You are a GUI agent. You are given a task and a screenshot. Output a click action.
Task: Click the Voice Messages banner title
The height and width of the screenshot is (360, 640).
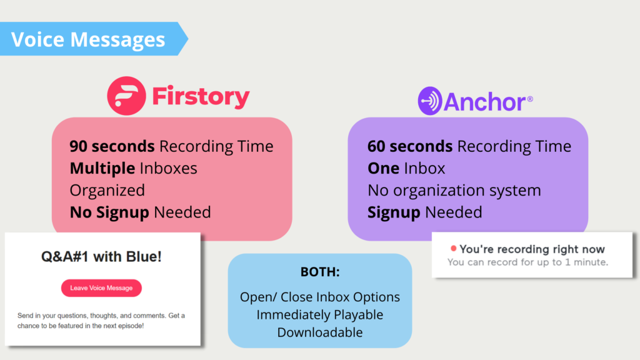[x=88, y=39]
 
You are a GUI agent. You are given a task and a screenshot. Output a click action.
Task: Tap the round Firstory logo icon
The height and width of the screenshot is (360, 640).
[x=126, y=96]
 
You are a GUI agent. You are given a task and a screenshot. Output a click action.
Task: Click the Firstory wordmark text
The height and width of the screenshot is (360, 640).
[x=201, y=97]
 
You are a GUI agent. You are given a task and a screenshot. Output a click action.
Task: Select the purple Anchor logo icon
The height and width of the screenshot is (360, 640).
[x=430, y=101]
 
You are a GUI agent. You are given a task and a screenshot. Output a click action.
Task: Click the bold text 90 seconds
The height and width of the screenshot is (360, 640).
[x=112, y=146]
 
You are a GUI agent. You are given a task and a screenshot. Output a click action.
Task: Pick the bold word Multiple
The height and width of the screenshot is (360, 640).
[x=102, y=168]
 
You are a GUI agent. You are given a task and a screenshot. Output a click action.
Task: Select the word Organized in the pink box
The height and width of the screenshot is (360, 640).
[x=107, y=191]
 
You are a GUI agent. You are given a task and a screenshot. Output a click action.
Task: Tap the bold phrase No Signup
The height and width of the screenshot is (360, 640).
[x=109, y=212]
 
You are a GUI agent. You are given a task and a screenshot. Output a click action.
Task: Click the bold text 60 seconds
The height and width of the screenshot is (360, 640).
[x=410, y=146]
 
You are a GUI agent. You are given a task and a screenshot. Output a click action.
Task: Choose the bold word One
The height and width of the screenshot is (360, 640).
[x=383, y=168]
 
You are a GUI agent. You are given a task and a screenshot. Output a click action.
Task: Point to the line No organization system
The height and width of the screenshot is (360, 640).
[x=454, y=191]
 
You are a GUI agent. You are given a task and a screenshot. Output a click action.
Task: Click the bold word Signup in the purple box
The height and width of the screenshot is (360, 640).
[x=394, y=212]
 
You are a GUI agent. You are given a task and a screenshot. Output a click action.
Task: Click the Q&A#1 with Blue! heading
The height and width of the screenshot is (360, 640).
[x=101, y=257]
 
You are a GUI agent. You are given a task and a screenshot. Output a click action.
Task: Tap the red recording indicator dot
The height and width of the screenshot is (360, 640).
[x=453, y=248]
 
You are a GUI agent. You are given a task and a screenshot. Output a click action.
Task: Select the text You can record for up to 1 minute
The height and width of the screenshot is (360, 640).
[x=527, y=262]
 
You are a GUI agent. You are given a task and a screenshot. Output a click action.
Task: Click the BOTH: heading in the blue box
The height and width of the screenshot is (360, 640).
[x=320, y=272]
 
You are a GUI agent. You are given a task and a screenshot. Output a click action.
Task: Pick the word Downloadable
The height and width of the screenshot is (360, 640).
[x=320, y=332]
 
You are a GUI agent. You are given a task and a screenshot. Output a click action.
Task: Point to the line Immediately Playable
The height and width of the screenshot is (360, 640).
[x=320, y=315]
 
